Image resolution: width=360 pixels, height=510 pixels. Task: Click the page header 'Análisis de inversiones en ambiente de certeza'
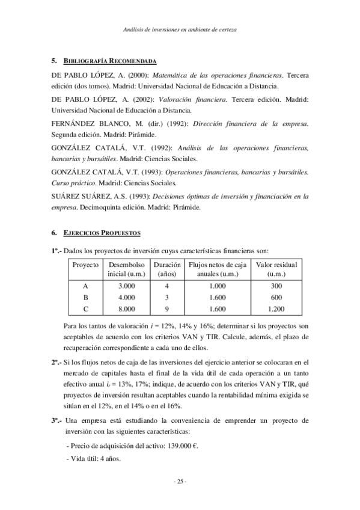pos(180,28)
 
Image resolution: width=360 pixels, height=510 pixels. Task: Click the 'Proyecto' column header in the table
pos(85,265)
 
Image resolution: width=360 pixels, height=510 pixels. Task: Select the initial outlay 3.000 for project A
pos(126,286)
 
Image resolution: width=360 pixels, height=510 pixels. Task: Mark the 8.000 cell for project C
pos(126,309)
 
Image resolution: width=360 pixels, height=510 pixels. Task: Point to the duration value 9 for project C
pos(166,309)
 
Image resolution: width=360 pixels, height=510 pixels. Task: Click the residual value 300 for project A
pos(276,286)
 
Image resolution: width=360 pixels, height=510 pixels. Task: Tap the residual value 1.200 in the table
pos(276,309)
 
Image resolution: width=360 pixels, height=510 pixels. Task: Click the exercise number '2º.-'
pos(56,363)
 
